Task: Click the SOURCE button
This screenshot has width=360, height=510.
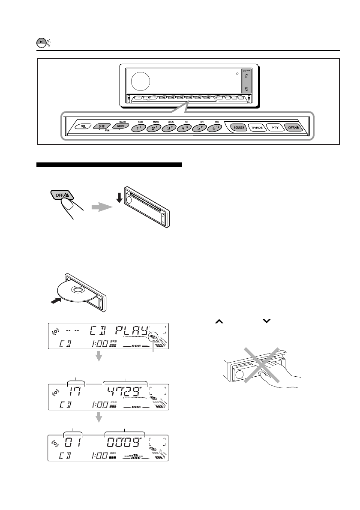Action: (x=239, y=127)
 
